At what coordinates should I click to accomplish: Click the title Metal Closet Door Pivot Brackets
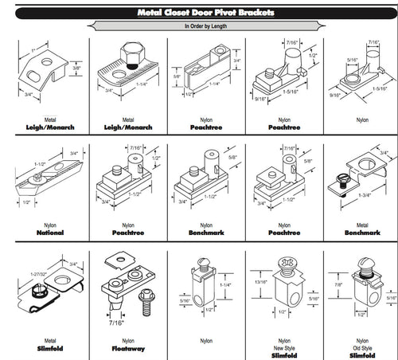point(199,12)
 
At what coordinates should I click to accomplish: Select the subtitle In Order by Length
point(199,26)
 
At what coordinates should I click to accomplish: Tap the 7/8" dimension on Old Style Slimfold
point(337,284)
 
